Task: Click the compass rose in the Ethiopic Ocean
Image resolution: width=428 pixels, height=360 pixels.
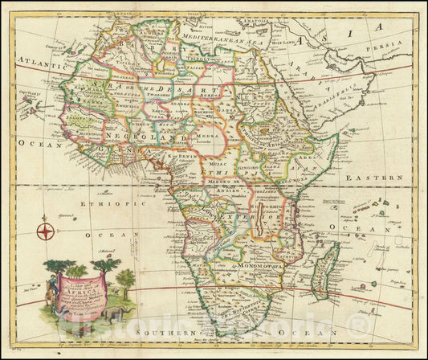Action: tap(44, 233)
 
